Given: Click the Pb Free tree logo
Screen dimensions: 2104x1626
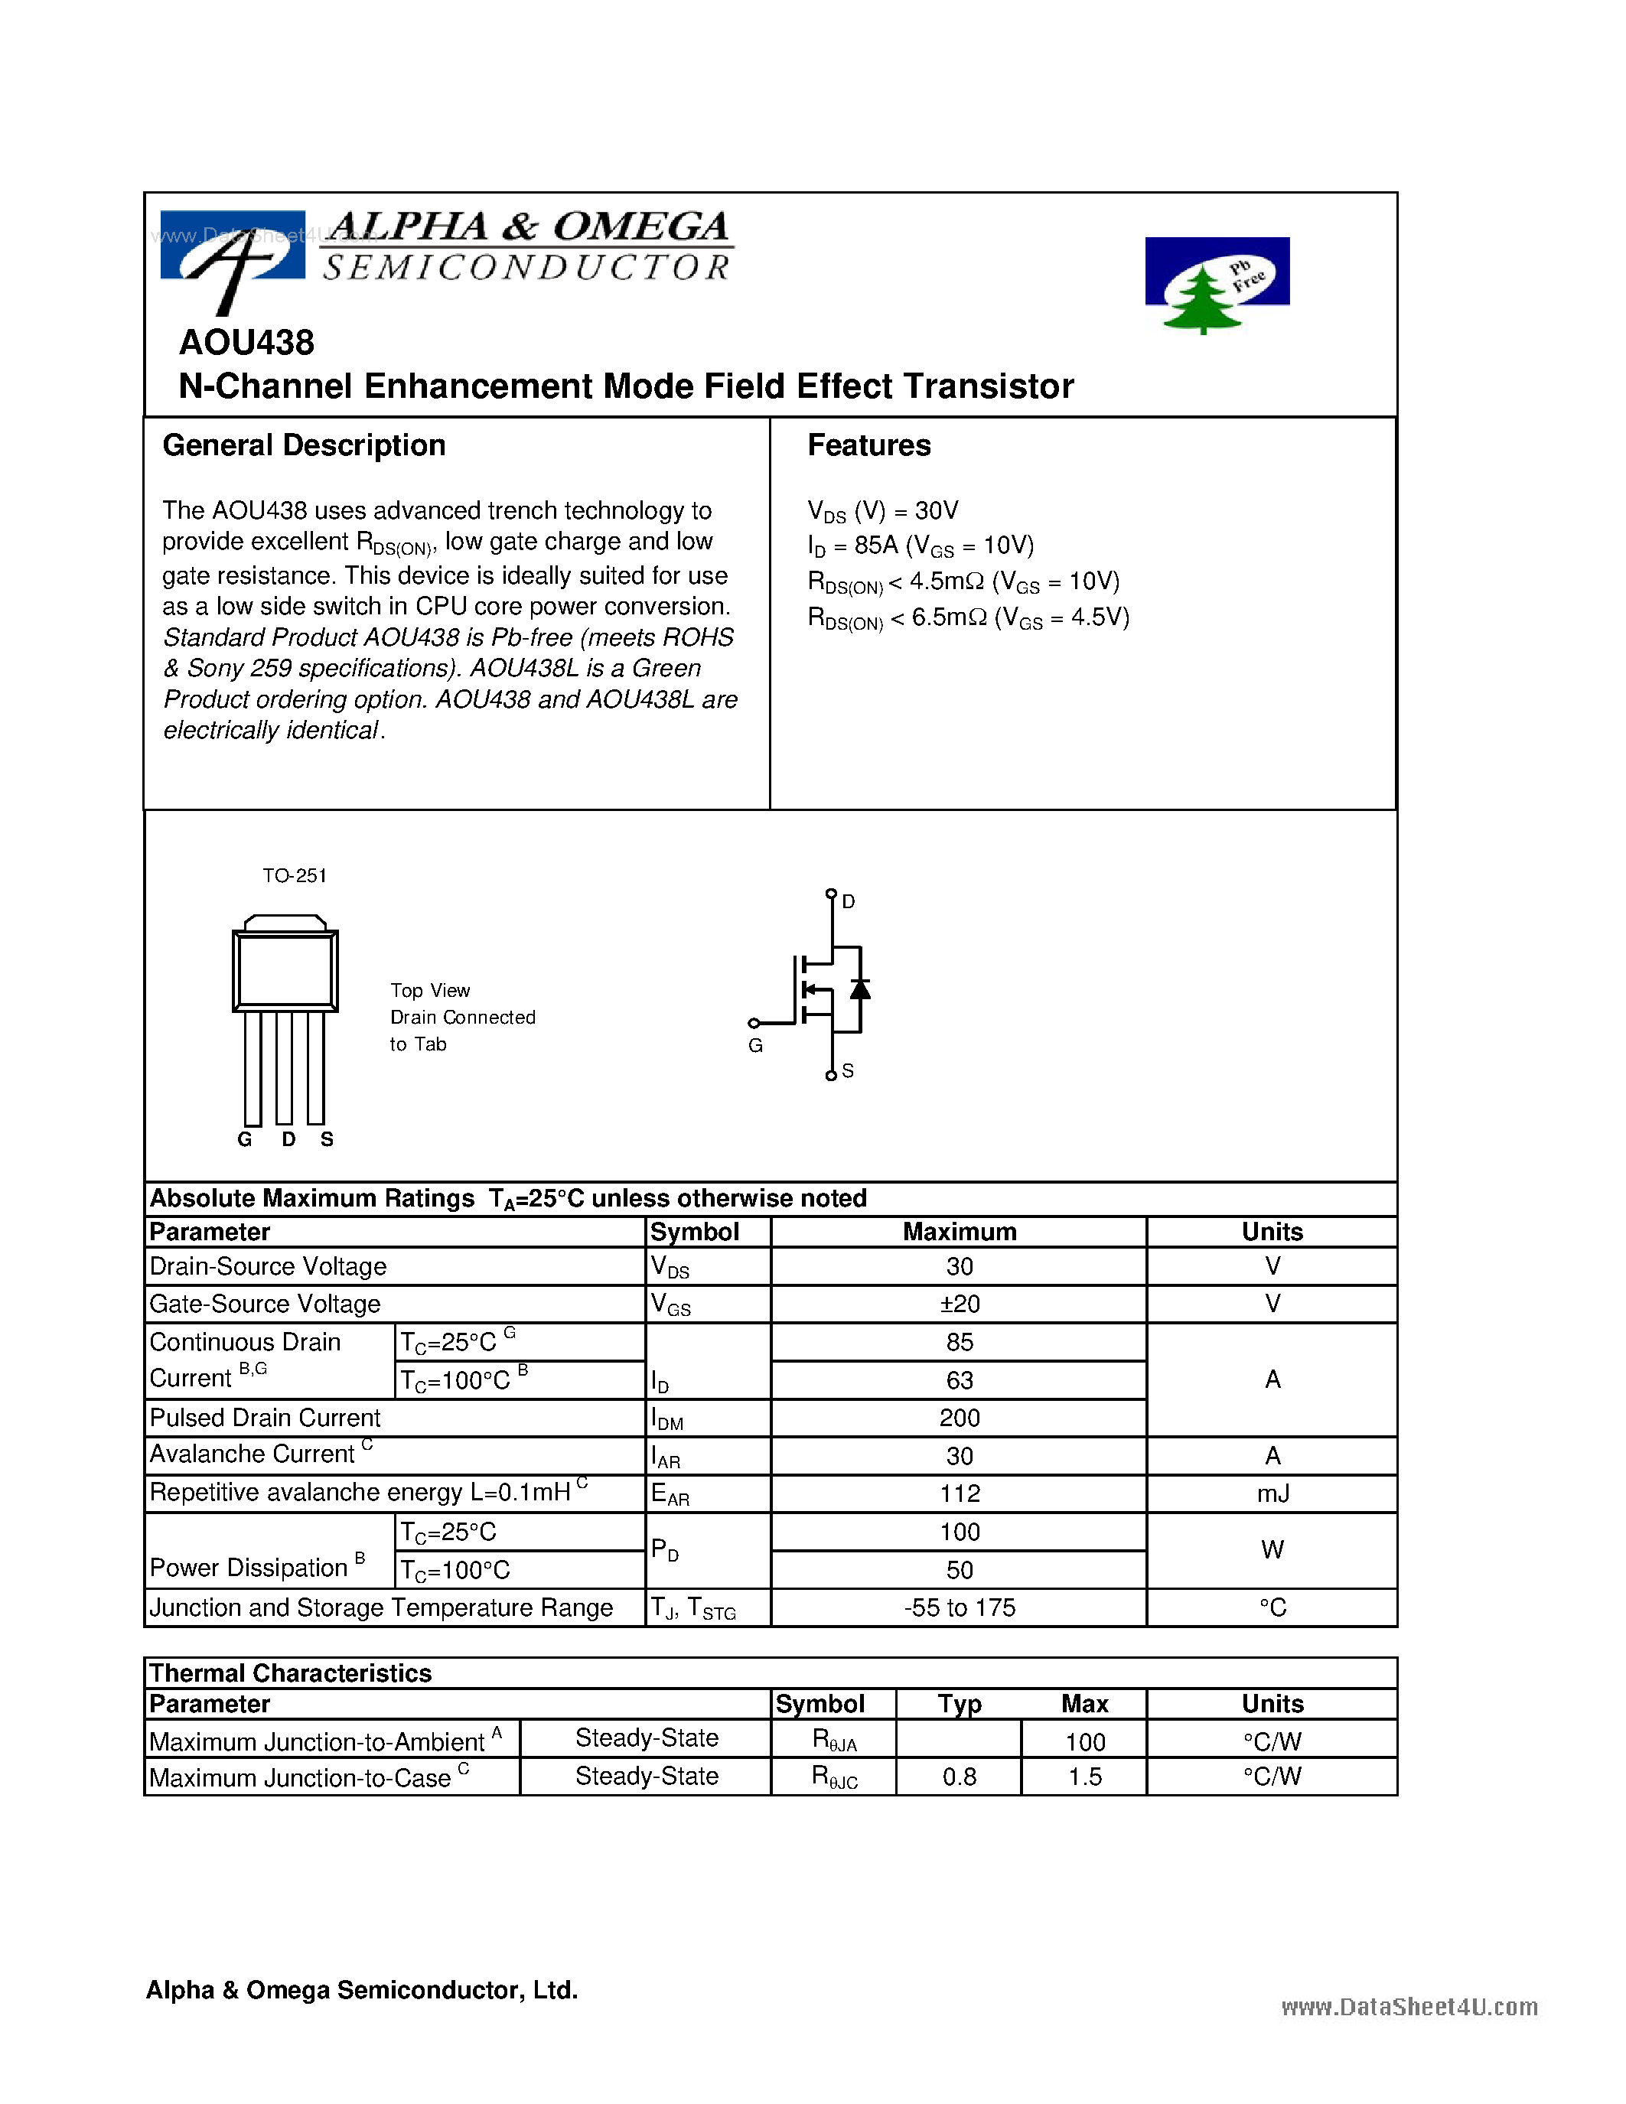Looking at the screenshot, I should click(1216, 284).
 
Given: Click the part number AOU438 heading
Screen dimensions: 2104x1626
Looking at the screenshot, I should click(246, 343).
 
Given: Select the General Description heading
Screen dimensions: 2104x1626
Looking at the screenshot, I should click(304, 445).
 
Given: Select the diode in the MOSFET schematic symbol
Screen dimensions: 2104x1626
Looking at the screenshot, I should click(860, 989).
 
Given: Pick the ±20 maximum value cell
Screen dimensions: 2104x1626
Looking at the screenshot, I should click(959, 1304).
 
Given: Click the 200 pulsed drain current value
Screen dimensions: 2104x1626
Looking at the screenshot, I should click(959, 1418).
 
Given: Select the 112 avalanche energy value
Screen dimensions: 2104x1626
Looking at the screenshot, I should click(959, 1494).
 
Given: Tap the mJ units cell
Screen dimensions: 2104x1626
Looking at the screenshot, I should click(1272, 1494).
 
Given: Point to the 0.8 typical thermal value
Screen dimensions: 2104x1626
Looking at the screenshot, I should click(959, 1777).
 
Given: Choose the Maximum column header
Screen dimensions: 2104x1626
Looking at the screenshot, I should click(959, 1232).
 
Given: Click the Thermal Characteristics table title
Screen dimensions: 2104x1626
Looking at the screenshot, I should click(290, 1673).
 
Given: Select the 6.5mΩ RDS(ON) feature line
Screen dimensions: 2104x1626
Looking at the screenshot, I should click(967, 617).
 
